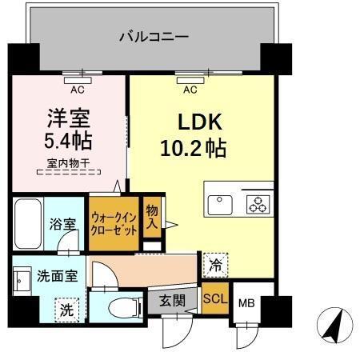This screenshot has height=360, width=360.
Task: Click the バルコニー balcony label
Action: (x=154, y=36)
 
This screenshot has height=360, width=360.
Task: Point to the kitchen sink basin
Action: (x=220, y=205)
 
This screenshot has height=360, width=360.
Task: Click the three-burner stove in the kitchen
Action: (x=258, y=205)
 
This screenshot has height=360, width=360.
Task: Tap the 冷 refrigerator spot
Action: (x=216, y=262)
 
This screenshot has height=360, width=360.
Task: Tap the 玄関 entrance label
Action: (x=171, y=302)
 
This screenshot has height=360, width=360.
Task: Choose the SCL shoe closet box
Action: (x=214, y=301)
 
